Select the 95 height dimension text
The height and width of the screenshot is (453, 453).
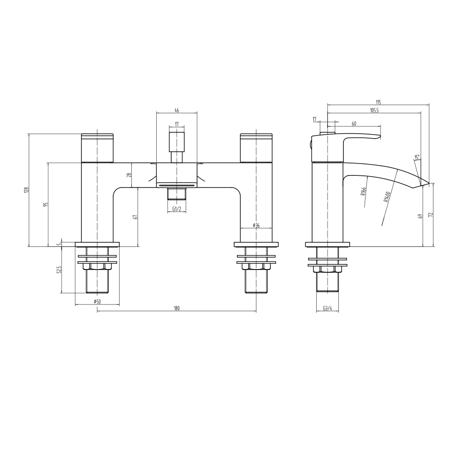[45, 205]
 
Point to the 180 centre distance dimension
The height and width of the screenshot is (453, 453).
[177, 308]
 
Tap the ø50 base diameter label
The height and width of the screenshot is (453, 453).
[97, 301]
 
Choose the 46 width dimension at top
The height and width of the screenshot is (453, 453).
[177, 110]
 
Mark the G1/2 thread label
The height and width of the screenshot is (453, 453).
[177, 209]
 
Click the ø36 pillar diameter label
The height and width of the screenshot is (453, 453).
[256, 225]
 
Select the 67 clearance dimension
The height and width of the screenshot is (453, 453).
[135, 217]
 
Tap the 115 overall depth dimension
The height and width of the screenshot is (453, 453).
[378, 102]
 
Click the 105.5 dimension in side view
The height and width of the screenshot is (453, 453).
[374, 110]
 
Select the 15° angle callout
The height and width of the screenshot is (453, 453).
[416, 157]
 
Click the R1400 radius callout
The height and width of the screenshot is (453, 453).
[387, 198]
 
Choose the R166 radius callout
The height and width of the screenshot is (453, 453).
[364, 193]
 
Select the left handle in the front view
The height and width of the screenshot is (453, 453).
[97, 147]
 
